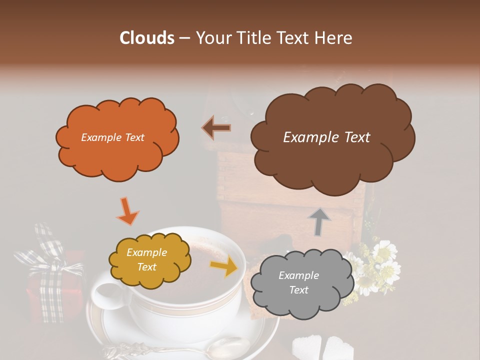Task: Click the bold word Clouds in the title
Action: click(146, 38)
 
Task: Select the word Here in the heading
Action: click(334, 38)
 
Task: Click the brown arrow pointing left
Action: click(216, 128)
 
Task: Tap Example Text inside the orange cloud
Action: click(112, 137)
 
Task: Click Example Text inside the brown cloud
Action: click(326, 137)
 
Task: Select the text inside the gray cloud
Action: click(298, 282)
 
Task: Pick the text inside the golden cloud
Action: click(146, 260)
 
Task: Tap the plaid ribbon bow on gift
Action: click(47, 255)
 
